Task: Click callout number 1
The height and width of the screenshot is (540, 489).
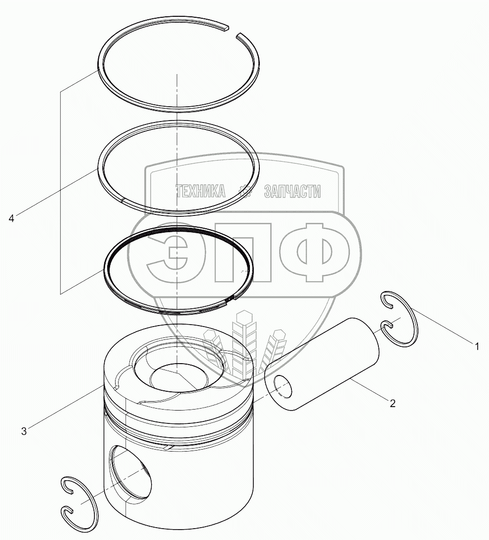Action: point(477,346)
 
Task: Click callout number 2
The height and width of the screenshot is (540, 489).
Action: point(392,403)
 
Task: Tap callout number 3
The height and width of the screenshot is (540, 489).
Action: point(24,431)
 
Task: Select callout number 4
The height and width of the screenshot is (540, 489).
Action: point(11,218)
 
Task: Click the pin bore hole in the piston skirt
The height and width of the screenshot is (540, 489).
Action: point(130,472)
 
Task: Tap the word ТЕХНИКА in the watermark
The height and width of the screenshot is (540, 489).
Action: point(201,191)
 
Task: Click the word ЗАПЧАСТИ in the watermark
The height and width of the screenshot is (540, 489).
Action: point(292,191)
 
